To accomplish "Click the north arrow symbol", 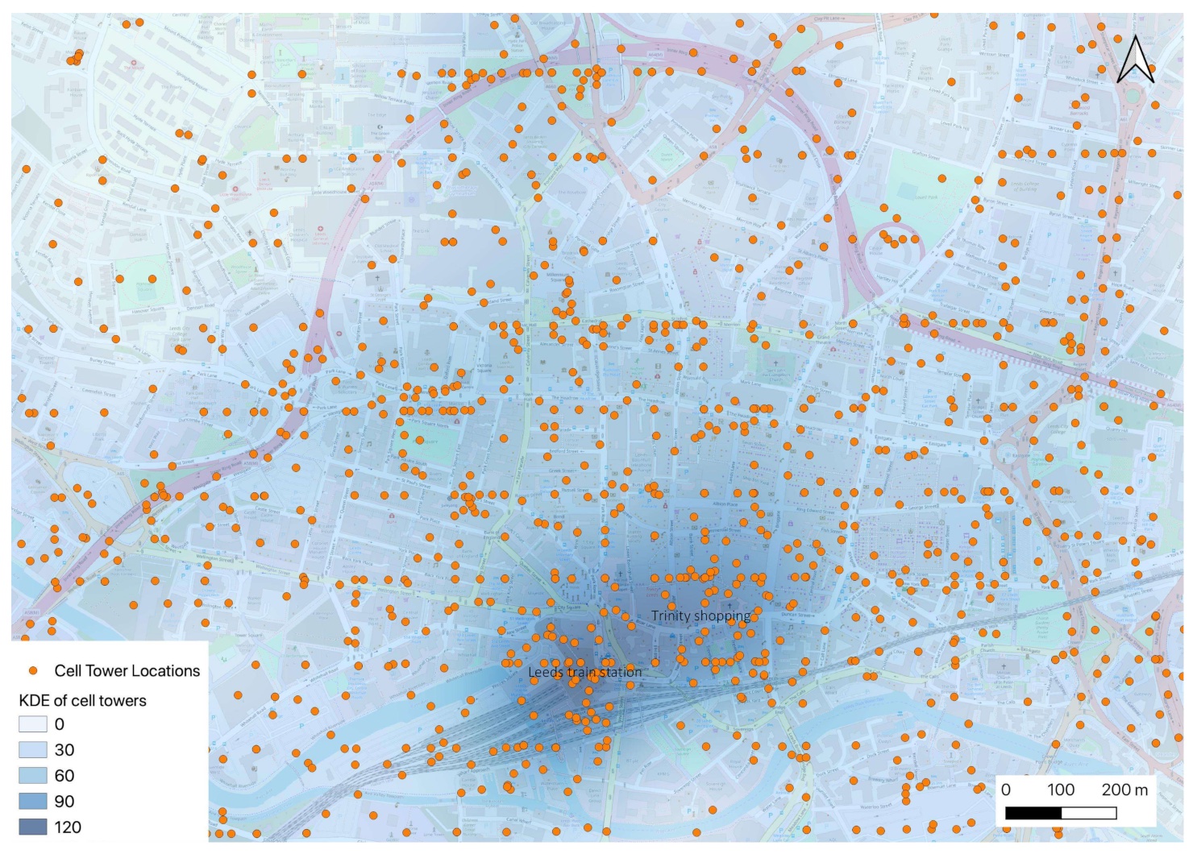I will [x=1135, y=60].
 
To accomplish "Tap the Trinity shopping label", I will [x=700, y=616].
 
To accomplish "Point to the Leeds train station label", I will [x=585, y=672].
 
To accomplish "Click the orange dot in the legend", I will [x=33, y=671].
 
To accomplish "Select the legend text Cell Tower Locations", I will [x=127, y=671].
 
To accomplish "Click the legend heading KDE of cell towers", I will [x=82, y=701].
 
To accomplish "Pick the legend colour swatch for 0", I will [x=33, y=724].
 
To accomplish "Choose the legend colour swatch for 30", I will [x=33, y=750].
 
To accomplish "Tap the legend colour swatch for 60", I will [x=33, y=776].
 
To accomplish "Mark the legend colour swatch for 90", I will [x=33, y=802].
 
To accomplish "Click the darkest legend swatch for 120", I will [x=33, y=827].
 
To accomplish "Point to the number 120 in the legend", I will [x=68, y=827].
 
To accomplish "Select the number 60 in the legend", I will [x=64, y=776].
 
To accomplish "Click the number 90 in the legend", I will [x=64, y=802].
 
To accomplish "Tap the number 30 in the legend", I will [x=64, y=750].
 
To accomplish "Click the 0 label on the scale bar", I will [x=1006, y=790].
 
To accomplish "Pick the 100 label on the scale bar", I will [x=1060, y=790].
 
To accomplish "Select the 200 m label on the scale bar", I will [x=1124, y=790].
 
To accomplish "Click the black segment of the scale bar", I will [x=1033, y=814].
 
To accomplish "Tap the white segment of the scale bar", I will [x=1088, y=814].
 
